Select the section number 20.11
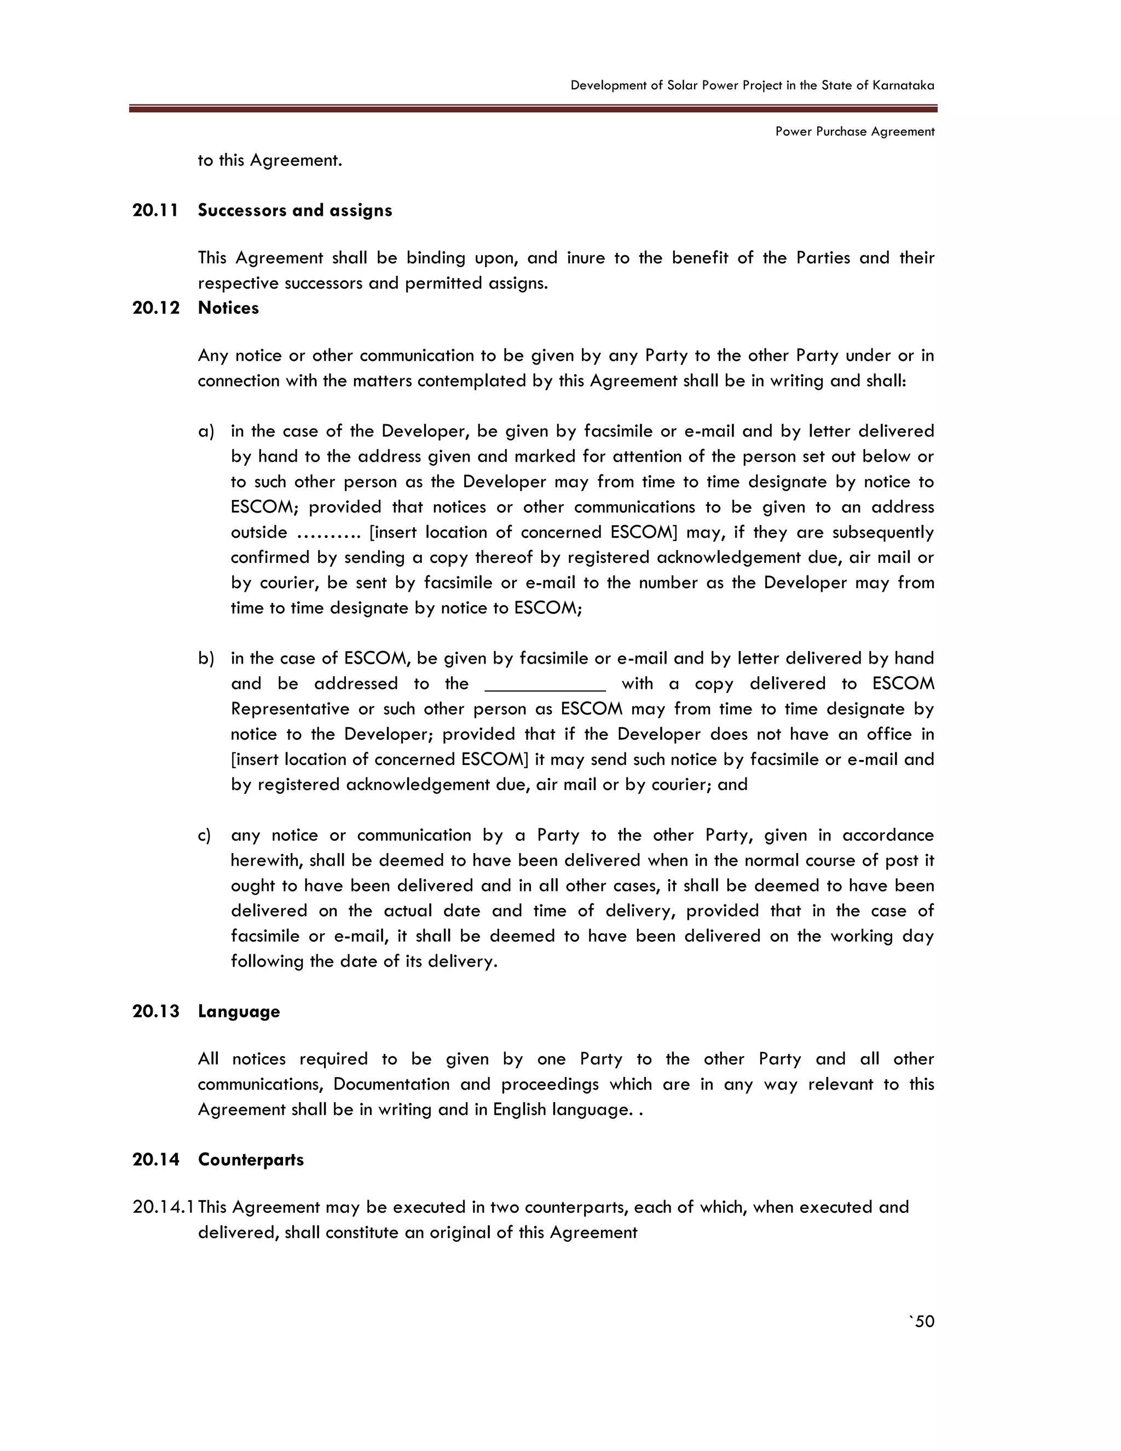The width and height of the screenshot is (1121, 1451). point(155,211)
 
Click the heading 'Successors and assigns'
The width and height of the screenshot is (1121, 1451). point(295,211)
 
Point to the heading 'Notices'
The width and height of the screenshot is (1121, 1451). point(228,308)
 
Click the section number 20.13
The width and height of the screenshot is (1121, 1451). point(155,1012)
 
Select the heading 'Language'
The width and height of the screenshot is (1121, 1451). point(239,1012)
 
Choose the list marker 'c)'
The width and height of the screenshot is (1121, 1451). point(205,836)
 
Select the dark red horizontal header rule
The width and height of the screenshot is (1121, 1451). point(533,108)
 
